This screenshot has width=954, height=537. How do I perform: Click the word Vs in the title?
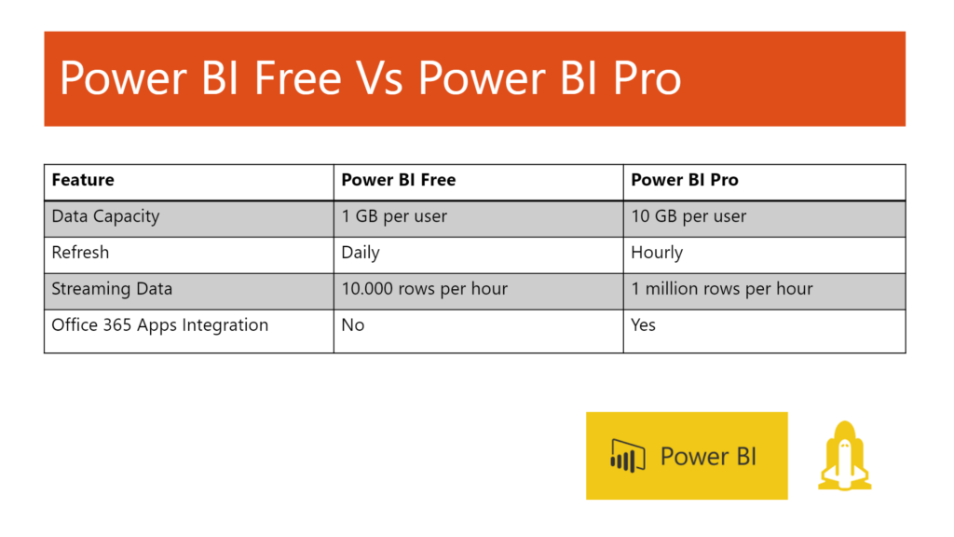[379, 79]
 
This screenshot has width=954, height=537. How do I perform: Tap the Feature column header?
[83, 181]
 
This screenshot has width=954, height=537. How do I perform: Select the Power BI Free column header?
[399, 181]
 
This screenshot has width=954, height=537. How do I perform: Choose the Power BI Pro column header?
[685, 181]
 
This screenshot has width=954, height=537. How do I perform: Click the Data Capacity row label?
[105, 216]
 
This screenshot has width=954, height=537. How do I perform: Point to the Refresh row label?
[80, 253]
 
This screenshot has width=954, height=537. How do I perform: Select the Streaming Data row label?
[112, 289]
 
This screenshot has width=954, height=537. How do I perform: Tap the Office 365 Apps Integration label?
[159, 325]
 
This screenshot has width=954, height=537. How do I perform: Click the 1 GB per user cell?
[394, 216]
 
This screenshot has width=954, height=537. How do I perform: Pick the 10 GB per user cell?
[688, 216]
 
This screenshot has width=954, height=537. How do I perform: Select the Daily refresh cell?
[361, 253]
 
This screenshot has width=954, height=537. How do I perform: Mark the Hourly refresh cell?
[657, 253]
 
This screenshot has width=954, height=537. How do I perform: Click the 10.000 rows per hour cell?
[425, 289]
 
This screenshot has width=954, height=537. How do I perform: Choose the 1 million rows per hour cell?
[722, 289]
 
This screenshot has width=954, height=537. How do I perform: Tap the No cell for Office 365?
[353, 325]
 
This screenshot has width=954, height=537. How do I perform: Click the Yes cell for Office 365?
[643, 325]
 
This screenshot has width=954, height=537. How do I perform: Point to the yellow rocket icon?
[844, 455]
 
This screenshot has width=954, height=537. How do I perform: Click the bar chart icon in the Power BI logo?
[628, 455]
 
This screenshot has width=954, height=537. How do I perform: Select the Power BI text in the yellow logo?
[708, 456]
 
